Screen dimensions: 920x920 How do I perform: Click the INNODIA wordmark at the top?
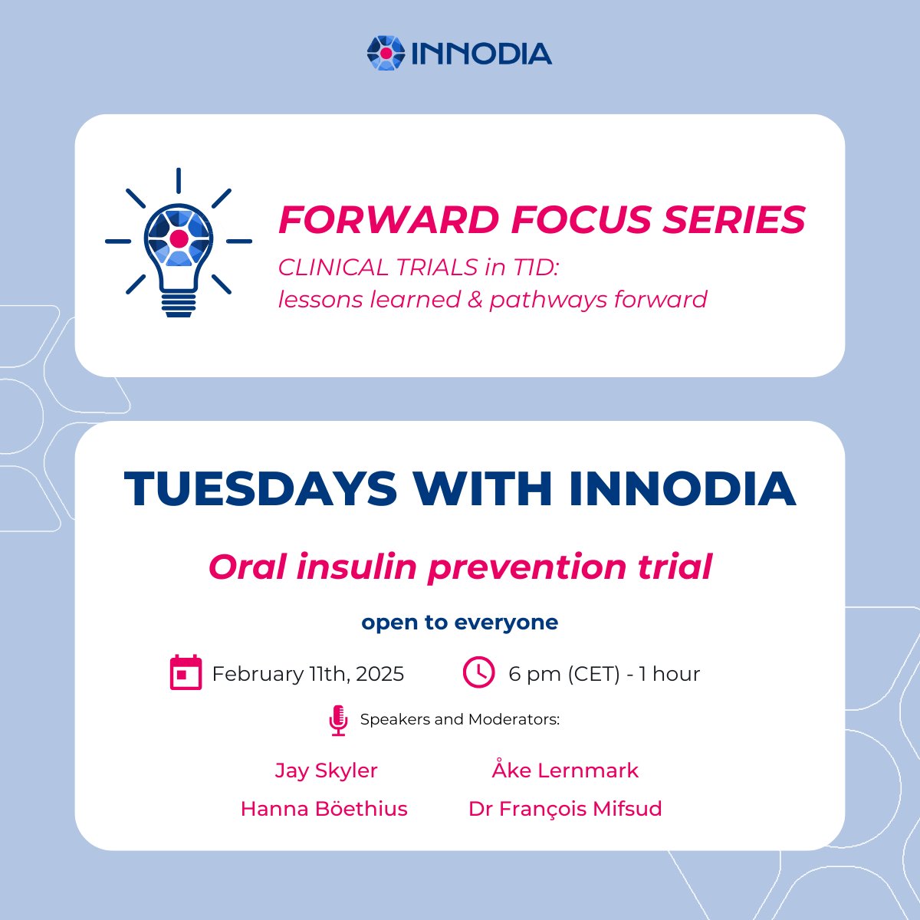click(x=481, y=54)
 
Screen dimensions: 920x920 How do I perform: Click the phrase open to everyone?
click(x=460, y=622)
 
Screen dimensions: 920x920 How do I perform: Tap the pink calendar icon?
click(x=186, y=673)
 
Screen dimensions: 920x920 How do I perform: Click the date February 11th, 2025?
click(x=307, y=674)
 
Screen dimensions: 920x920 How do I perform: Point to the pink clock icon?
click(x=478, y=672)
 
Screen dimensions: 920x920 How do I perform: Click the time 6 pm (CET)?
click(x=563, y=674)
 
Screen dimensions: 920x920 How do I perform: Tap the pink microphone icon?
click(x=338, y=721)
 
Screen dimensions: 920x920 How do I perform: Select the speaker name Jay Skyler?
click(x=326, y=770)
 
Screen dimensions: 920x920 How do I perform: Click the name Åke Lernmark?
click(x=565, y=770)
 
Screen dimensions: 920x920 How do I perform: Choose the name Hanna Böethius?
click(x=324, y=809)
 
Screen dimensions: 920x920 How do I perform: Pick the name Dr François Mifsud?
click(x=565, y=809)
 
